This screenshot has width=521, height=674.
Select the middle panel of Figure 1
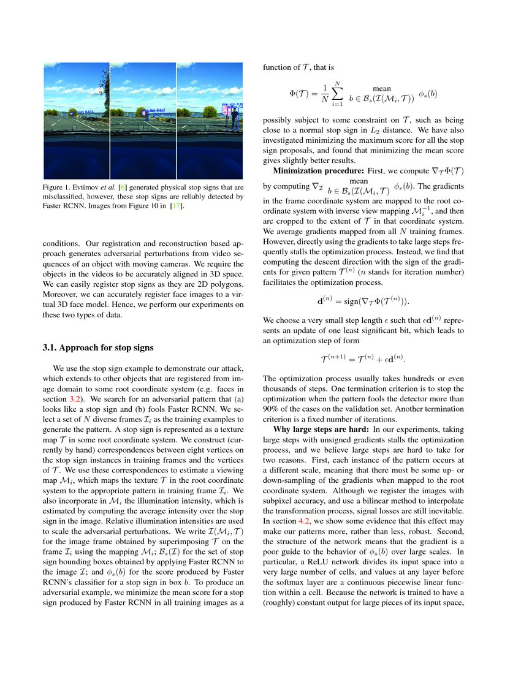click(143, 121)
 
